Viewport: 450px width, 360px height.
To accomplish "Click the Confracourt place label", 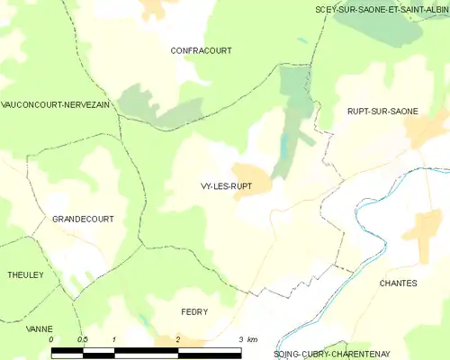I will click(201, 51).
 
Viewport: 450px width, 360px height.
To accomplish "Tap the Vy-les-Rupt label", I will click(226, 186).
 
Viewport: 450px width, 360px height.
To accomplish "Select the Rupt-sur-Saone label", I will click(382, 111).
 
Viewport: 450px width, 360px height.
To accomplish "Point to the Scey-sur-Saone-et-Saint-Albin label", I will click(382, 9).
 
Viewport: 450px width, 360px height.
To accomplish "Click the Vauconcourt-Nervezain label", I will click(55, 105).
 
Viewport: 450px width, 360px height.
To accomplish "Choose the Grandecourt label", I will click(83, 220).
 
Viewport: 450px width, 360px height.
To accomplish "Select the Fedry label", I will click(194, 312).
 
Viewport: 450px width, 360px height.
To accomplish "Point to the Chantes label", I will click(399, 283).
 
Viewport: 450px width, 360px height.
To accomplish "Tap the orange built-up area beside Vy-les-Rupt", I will click(251, 175).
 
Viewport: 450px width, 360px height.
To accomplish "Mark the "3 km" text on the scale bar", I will click(247, 339).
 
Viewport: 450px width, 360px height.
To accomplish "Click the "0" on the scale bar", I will click(52, 339).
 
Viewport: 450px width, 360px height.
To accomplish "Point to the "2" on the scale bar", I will click(178, 339).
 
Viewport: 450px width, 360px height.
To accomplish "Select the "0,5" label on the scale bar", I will click(83, 339).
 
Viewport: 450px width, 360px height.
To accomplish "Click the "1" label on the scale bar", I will click(115, 339).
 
